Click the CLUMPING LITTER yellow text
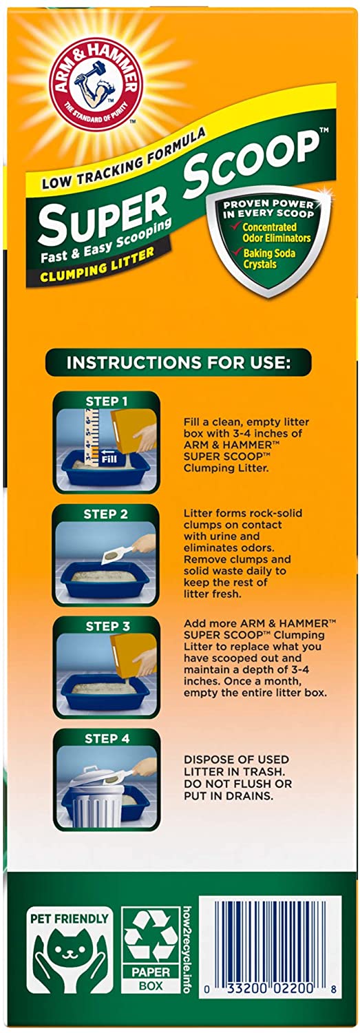point(97,264)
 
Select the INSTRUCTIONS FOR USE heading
point(178,362)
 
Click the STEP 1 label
point(107,401)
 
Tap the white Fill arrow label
point(109,456)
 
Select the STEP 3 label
point(107,626)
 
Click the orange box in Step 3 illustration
point(134,654)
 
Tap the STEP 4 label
point(107,739)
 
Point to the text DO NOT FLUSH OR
point(238,783)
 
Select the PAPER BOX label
point(151,979)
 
